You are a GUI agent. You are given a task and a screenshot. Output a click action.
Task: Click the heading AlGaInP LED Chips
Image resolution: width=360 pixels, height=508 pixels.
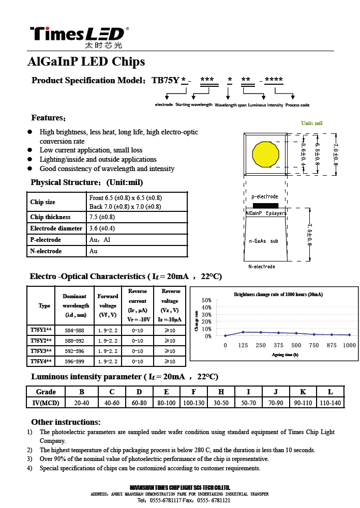coord(86,62)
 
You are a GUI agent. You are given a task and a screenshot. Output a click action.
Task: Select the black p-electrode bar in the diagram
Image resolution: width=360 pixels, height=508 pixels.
coord(265,205)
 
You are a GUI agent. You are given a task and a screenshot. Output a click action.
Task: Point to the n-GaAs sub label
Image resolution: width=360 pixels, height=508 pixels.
coord(264,241)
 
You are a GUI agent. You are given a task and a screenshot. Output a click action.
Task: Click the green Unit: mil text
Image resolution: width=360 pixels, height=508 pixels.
coord(312,123)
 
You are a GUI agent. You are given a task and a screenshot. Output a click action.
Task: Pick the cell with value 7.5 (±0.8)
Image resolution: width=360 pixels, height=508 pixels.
coord(102,217)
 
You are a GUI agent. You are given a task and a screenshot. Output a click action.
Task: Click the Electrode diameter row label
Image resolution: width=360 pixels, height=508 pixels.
coord(56,228)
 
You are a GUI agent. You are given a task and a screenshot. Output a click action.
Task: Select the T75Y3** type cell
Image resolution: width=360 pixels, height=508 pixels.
coord(41,351)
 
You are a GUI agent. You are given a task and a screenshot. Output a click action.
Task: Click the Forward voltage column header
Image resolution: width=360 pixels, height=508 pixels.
coord(108,305)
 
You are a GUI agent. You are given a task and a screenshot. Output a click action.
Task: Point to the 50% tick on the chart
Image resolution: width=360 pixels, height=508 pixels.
coord(206,300)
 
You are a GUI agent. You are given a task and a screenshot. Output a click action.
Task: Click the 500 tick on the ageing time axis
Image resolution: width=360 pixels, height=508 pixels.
coord(296,345)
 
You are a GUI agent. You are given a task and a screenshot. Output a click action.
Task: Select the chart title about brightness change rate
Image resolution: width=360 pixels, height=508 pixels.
coord(278,295)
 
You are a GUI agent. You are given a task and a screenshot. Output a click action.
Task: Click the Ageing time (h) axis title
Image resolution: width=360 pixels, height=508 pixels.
coord(285,355)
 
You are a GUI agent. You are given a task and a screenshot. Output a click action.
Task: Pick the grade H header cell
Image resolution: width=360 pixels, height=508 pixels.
coord(221,392)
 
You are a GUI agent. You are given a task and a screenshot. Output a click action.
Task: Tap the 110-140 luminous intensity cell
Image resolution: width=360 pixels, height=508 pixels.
coord(330,403)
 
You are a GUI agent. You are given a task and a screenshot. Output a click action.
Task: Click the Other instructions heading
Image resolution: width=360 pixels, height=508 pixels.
coord(66,422)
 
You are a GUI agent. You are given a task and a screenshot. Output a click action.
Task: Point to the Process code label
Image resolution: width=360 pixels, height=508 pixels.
coord(297,105)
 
